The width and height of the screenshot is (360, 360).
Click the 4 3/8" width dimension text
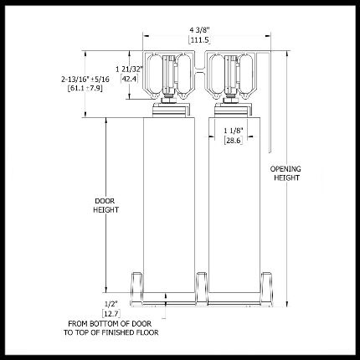click(x=199, y=30)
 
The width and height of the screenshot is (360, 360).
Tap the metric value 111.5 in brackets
click(x=199, y=40)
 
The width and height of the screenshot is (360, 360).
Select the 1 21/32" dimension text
click(x=130, y=69)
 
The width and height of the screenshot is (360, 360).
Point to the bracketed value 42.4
click(x=130, y=79)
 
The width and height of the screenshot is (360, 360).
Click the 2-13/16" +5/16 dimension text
click(x=85, y=80)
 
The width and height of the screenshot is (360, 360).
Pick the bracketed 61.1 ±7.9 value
click(x=85, y=89)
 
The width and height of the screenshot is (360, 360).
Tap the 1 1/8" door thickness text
click(x=234, y=131)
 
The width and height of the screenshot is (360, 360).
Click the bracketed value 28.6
click(x=234, y=140)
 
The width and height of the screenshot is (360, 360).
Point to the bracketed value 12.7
click(x=111, y=314)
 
